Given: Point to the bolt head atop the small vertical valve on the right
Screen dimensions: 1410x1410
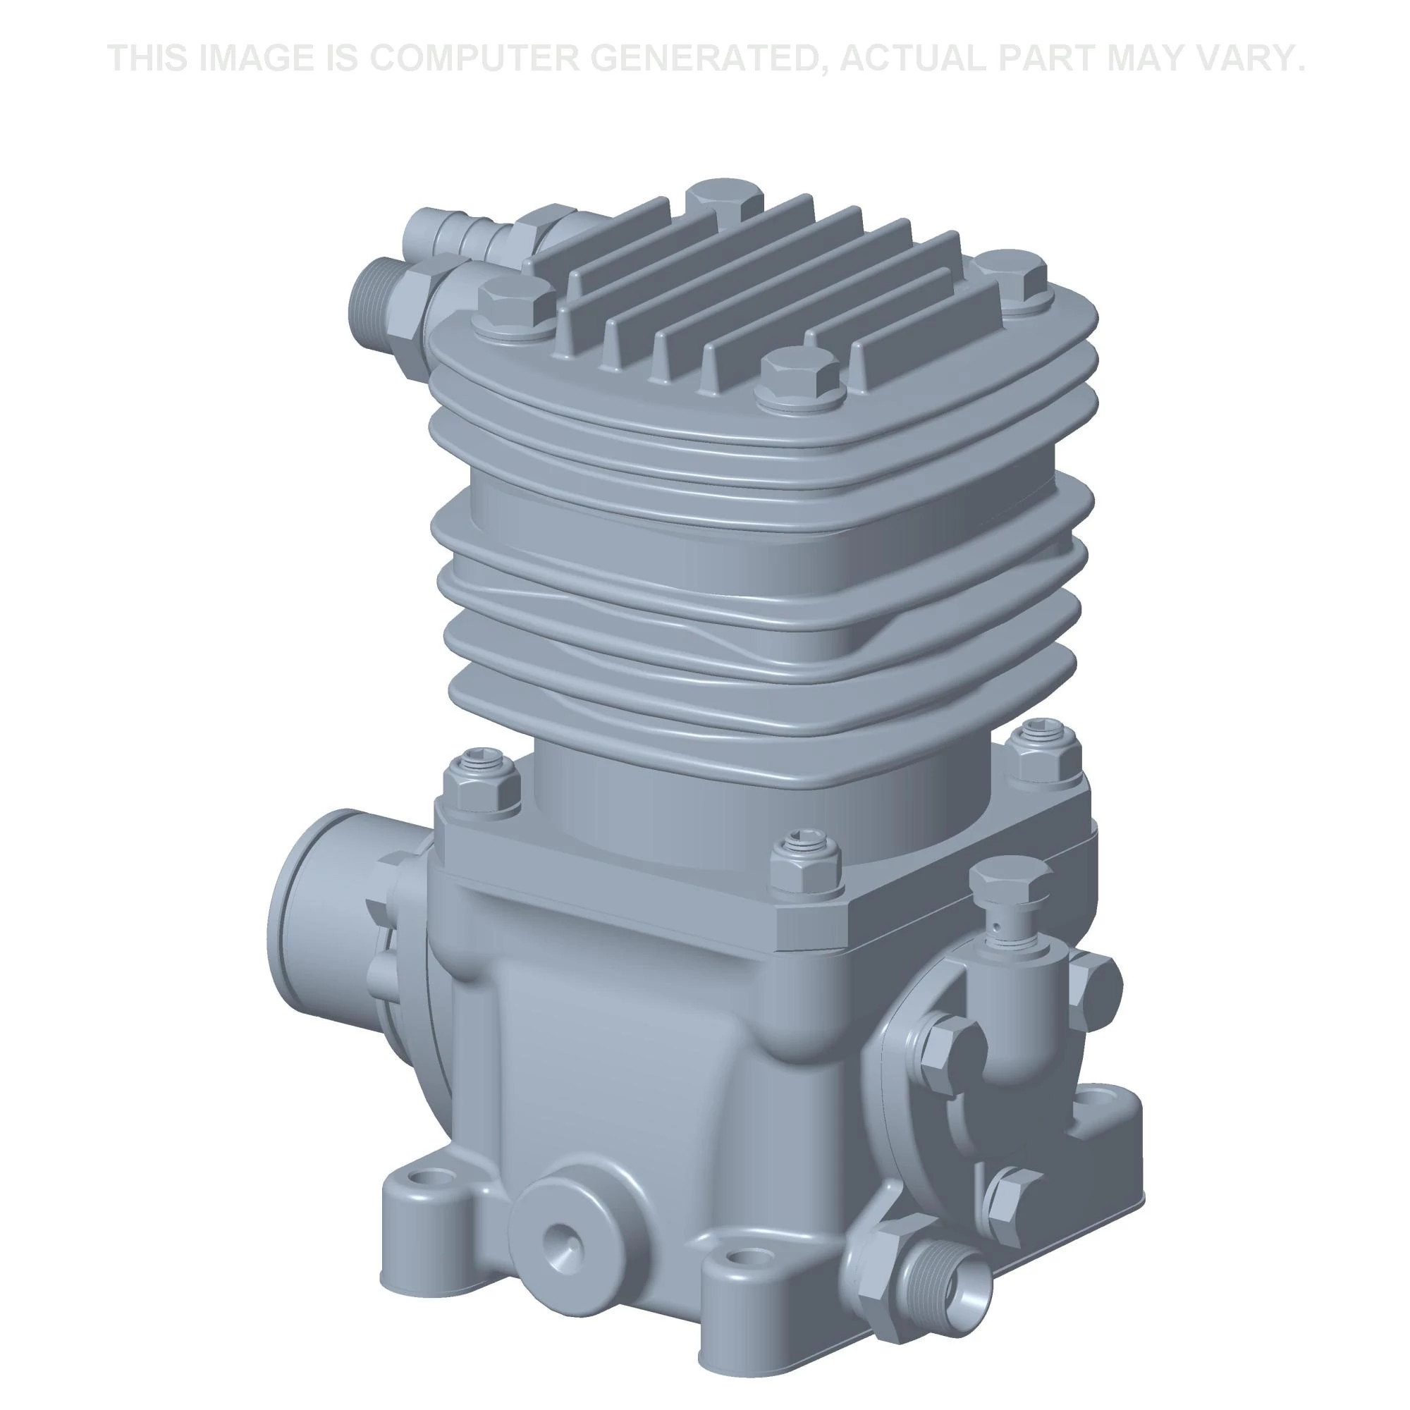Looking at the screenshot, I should click(x=1011, y=883).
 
